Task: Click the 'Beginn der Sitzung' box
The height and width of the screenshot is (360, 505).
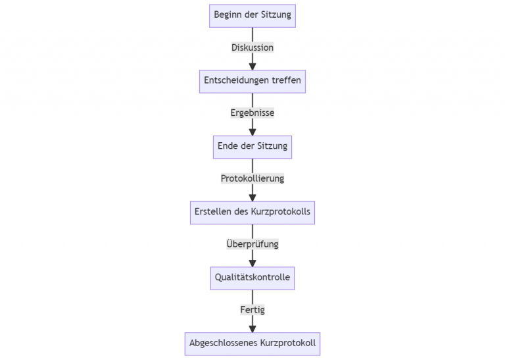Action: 252,14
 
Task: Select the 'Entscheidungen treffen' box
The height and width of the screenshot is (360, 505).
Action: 252,80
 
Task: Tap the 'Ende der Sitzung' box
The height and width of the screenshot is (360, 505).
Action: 252,146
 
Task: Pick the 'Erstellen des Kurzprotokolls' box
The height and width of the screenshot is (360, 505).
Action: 252,212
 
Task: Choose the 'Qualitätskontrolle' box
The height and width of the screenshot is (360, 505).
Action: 252,278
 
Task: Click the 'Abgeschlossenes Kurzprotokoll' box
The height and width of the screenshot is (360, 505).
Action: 252,343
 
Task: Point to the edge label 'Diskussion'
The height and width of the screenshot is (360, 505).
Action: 252,47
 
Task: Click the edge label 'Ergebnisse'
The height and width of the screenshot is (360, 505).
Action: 252,113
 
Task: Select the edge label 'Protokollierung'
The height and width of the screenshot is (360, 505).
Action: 252,178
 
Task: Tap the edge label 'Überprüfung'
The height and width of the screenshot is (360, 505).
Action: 252,244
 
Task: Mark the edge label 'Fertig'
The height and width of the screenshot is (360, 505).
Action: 252,309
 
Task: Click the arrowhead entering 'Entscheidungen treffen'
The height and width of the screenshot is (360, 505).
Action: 252,66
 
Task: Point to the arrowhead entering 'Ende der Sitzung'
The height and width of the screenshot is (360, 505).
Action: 252,132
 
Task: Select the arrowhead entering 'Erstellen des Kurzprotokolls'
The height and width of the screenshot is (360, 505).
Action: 252,197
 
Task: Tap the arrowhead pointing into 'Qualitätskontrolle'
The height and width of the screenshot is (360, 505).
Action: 252,263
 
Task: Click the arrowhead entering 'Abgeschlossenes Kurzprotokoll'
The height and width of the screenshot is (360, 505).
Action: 252,328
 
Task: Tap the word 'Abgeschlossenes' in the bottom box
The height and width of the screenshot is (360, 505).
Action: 223,343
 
